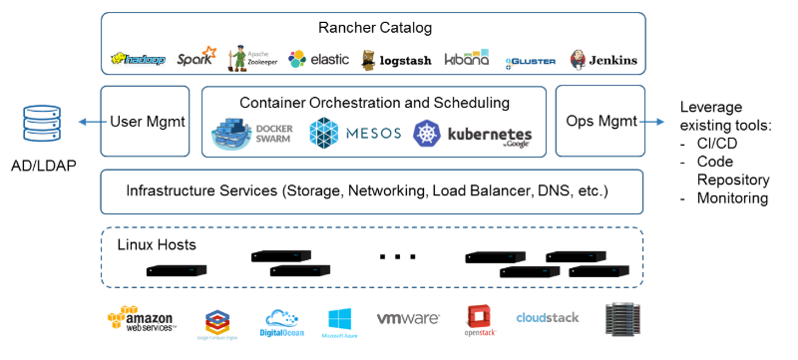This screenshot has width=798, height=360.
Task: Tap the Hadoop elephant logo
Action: click(x=139, y=60)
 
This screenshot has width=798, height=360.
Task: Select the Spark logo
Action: click(x=197, y=59)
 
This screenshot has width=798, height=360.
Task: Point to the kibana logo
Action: click(x=467, y=59)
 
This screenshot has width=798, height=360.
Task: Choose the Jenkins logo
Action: click(x=603, y=60)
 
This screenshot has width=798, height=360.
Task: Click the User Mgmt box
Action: click(x=145, y=121)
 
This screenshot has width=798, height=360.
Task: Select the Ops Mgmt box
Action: click(x=596, y=121)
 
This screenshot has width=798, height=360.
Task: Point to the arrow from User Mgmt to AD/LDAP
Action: click(x=81, y=122)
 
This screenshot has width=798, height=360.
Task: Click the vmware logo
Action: click(x=408, y=319)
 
